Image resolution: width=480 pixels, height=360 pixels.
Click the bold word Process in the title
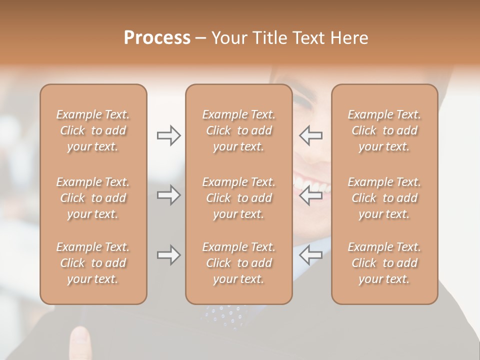point(157,38)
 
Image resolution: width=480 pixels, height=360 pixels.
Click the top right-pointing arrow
point(168,135)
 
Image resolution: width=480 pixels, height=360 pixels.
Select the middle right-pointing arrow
point(168,195)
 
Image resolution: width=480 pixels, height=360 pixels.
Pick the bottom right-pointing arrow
point(168,255)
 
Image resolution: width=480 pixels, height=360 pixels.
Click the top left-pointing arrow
point(310,135)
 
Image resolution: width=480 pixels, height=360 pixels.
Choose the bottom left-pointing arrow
point(310,255)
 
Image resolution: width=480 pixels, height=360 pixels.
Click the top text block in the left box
point(93,130)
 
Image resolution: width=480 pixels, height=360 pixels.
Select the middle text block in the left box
point(93,198)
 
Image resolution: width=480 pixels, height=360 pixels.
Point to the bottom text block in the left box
point(93,263)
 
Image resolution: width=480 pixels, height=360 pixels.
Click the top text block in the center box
point(239,130)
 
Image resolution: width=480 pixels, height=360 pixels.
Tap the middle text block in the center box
point(239,198)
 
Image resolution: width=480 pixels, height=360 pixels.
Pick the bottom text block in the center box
point(239,263)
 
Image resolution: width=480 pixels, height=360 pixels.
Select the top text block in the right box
point(384,130)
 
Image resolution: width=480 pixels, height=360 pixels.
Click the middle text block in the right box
point(384,198)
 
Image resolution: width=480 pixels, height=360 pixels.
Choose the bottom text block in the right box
point(384,263)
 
